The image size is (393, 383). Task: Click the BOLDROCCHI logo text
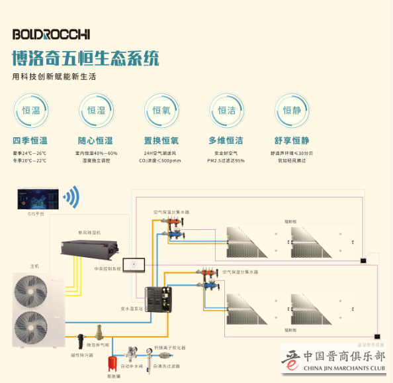point(51,34)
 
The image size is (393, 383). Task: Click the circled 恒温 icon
point(30,111)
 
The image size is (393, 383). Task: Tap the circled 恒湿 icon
point(95,111)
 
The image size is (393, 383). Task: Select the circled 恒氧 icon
point(161,111)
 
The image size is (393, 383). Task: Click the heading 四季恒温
point(30,140)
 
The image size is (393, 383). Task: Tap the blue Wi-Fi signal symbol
point(71,197)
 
